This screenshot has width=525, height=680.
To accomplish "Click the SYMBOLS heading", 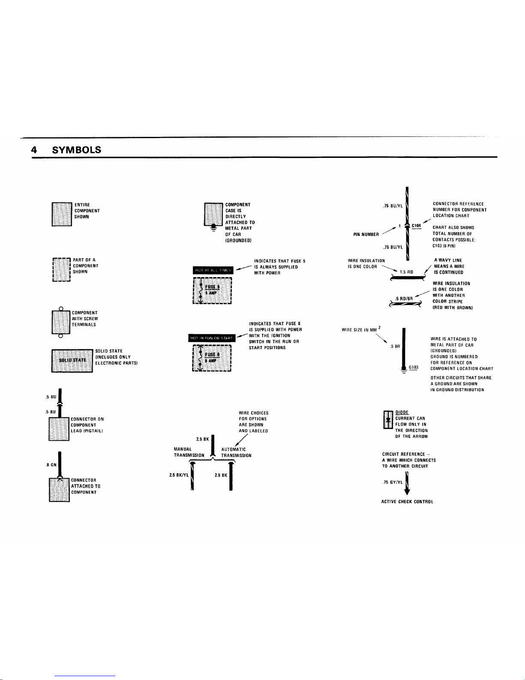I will click(76, 150).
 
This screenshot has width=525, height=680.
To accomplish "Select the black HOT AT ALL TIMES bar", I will click(213, 270).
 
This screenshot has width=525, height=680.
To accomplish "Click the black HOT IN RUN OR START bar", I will click(212, 338).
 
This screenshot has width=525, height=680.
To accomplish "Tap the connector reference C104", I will click(417, 225).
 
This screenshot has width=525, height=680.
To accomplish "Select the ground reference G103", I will click(413, 368).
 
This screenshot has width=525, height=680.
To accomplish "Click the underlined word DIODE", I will click(402, 412).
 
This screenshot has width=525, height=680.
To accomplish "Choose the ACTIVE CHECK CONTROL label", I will click(407, 502).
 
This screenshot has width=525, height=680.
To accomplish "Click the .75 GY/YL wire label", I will click(393, 482).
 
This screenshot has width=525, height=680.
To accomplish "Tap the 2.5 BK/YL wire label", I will click(179, 475).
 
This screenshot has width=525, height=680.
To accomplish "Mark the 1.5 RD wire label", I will click(406, 272).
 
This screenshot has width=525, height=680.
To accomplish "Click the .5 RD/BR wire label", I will click(404, 299).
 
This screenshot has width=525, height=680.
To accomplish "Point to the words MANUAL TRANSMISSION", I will click(189, 452).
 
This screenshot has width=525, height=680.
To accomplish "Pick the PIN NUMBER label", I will click(366, 234).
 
